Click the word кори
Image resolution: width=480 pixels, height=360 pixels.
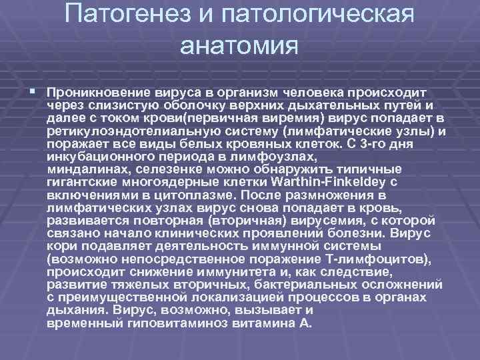pyautogui.click(x=59, y=247)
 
